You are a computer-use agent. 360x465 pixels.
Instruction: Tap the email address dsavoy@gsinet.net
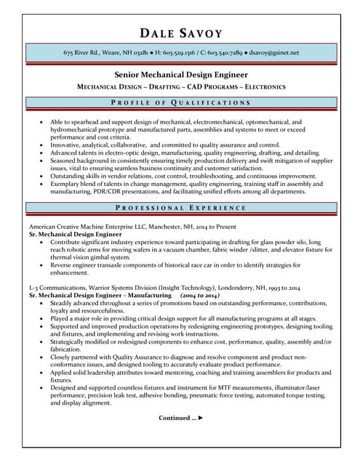274,53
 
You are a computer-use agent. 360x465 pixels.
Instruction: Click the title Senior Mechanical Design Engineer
180,74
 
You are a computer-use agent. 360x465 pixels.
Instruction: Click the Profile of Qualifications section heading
180,103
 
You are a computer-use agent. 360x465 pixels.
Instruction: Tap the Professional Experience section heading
180,209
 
